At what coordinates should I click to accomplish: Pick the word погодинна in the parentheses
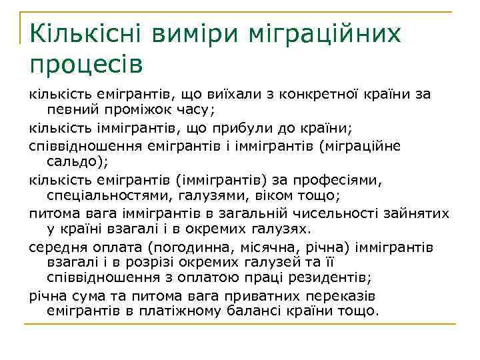(189, 247)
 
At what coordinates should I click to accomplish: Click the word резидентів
(330, 277)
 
